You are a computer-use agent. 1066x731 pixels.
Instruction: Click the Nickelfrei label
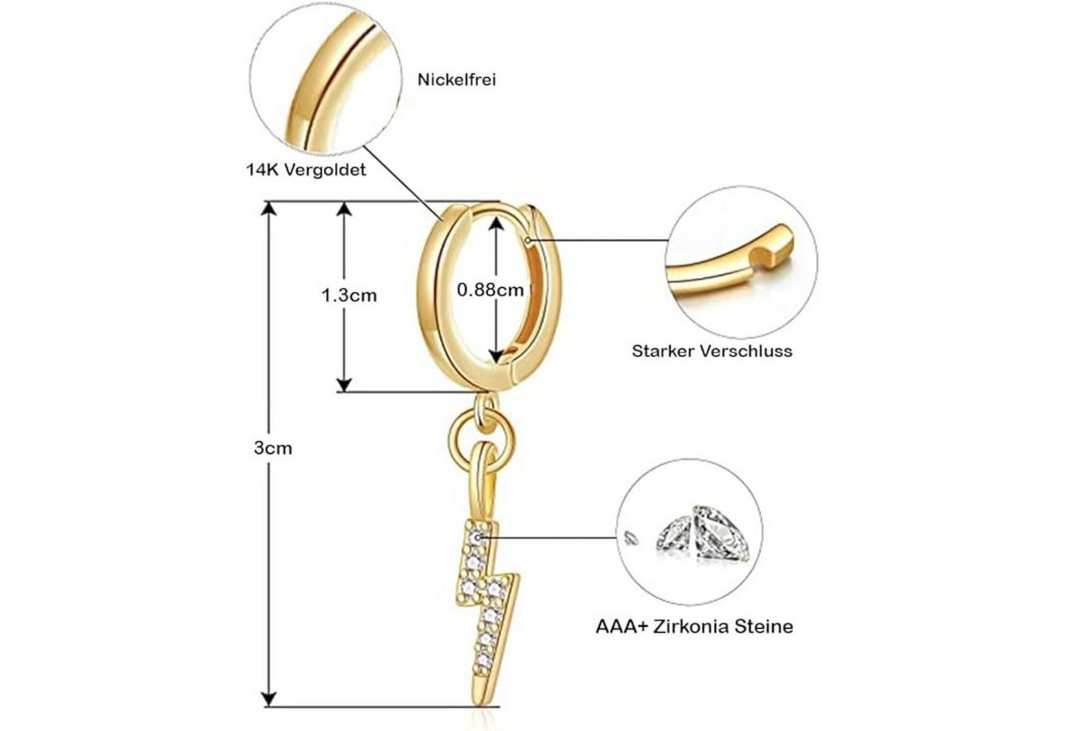click(x=456, y=80)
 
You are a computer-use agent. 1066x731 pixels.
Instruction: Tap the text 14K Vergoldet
click(x=306, y=170)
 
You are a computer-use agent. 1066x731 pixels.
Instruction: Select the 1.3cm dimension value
click(x=349, y=295)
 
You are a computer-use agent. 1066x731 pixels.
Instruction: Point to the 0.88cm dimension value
click(x=490, y=289)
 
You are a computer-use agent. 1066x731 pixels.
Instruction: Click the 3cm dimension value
click(x=273, y=448)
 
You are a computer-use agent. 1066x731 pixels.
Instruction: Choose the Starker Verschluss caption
click(x=712, y=351)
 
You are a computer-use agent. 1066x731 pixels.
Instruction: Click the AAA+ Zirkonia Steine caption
click(x=694, y=626)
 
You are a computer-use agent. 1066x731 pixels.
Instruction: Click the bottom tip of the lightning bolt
click(x=478, y=704)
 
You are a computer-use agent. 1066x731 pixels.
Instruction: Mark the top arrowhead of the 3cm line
click(x=269, y=209)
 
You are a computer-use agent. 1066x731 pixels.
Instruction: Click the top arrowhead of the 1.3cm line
click(x=344, y=209)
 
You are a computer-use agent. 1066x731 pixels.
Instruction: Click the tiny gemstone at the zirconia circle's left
click(x=630, y=538)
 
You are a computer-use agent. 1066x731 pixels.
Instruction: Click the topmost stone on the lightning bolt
click(x=477, y=537)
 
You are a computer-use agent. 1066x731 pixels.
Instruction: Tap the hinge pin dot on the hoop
click(x=528, y=241)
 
